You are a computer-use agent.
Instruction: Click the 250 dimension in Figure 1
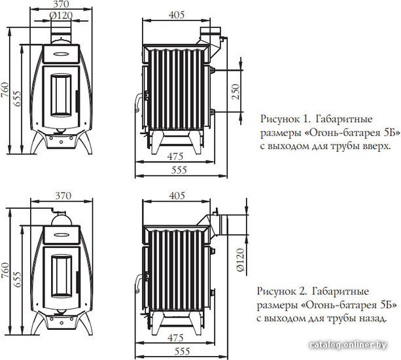click(235, 92)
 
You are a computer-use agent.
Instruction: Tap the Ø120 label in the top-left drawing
click(61, 16)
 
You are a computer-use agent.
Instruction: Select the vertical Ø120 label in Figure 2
click(240, 259)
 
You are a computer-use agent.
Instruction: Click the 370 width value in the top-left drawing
click(61, 4)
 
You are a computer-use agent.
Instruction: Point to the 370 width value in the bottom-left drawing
click(63, 196)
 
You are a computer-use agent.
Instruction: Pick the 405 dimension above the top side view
click(177, 15)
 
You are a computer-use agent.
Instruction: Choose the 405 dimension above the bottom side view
click(177, 196)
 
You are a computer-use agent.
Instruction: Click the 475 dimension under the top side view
click(175, 156)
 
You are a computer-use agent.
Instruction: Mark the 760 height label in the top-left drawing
click(5, 90)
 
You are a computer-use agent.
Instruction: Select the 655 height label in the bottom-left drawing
click(17, 279)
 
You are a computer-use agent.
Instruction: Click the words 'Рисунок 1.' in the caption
click(285, 119)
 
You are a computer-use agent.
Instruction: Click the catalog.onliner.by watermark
click(348, 345)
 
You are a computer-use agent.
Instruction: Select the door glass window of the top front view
click(61, 95)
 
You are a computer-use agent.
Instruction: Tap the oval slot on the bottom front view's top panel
click(61, 234)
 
